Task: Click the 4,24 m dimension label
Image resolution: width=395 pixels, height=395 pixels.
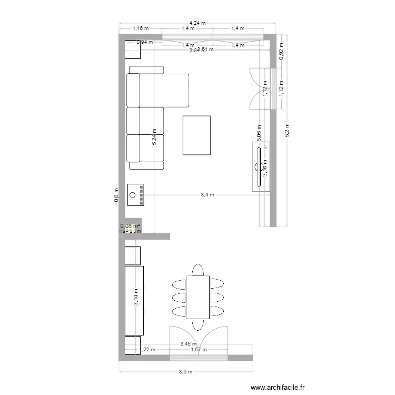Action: coord(197,23)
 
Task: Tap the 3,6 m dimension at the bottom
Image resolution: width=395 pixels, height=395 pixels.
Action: coord(185,371)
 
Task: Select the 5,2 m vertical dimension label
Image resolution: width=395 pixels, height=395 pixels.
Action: coord(287,130)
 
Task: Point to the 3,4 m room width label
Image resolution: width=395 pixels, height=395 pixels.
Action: coord(208,195)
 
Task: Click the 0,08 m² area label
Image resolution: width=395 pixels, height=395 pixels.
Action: coord(130,226)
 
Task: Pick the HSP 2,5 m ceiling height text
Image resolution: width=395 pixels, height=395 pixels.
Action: coord(130,231)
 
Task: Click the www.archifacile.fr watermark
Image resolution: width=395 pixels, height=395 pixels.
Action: coord(278,388)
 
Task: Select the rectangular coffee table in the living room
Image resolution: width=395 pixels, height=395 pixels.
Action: coord(196,135)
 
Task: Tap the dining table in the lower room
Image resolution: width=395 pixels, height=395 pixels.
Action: coord(197,297)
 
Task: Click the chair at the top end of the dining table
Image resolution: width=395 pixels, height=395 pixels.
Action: coord(197,270)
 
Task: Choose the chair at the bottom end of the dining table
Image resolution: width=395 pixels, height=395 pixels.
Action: coord(197,324)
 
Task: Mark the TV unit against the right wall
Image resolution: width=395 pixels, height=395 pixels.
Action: coord(260,166)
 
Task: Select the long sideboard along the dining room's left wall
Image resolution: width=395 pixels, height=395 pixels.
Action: coord(134,300)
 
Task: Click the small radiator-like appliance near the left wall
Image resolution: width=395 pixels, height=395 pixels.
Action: coord(136,195)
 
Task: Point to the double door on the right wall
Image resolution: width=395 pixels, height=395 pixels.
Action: coord(262,89)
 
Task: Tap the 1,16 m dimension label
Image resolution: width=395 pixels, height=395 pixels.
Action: coord(141,28)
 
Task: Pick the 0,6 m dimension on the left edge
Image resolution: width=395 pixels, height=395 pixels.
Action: coord(116,195)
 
